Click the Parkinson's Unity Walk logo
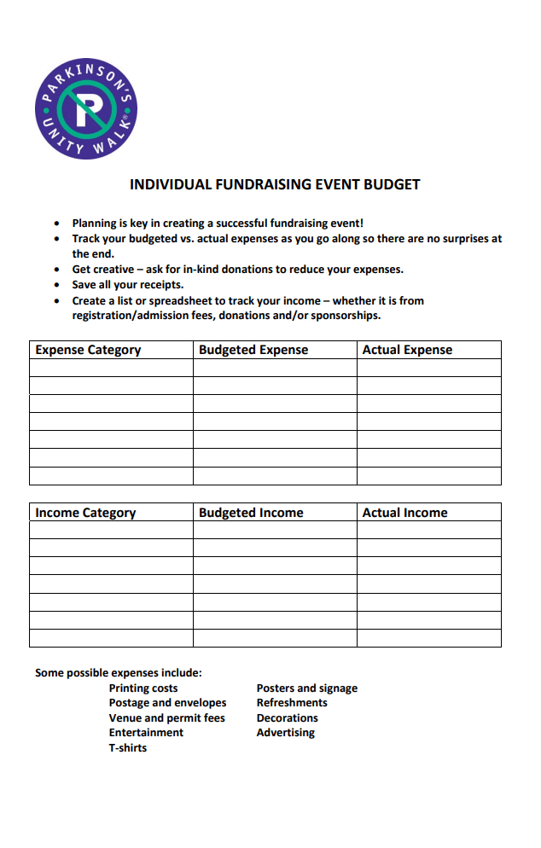86,107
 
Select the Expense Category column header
88,350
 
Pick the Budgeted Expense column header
253,350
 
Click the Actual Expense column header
407,350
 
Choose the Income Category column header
85,513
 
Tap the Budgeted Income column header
251,513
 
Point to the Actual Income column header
404,513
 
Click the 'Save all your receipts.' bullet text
128,285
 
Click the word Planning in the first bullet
94,224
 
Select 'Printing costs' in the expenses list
143,688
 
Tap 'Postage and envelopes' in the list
167,703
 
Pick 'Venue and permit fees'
166,718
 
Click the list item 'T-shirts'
128,748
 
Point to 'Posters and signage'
307,688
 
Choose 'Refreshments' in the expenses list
292,703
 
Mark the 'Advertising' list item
286,733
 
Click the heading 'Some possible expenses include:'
119,673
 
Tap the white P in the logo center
87,109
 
